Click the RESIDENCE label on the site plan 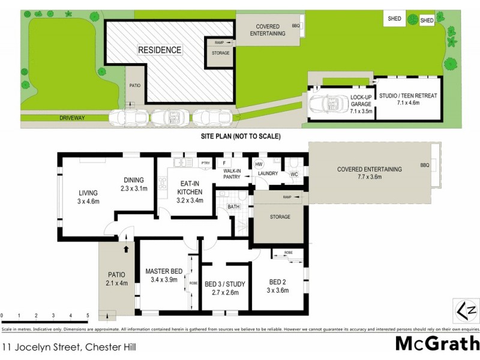160,50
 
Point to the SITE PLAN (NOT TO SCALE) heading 240,137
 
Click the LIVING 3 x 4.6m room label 88,197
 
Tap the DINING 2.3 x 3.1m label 134,184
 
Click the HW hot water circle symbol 259,164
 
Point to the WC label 294,175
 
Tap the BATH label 233,207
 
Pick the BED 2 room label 278,286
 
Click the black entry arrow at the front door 127,247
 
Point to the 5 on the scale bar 88,315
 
